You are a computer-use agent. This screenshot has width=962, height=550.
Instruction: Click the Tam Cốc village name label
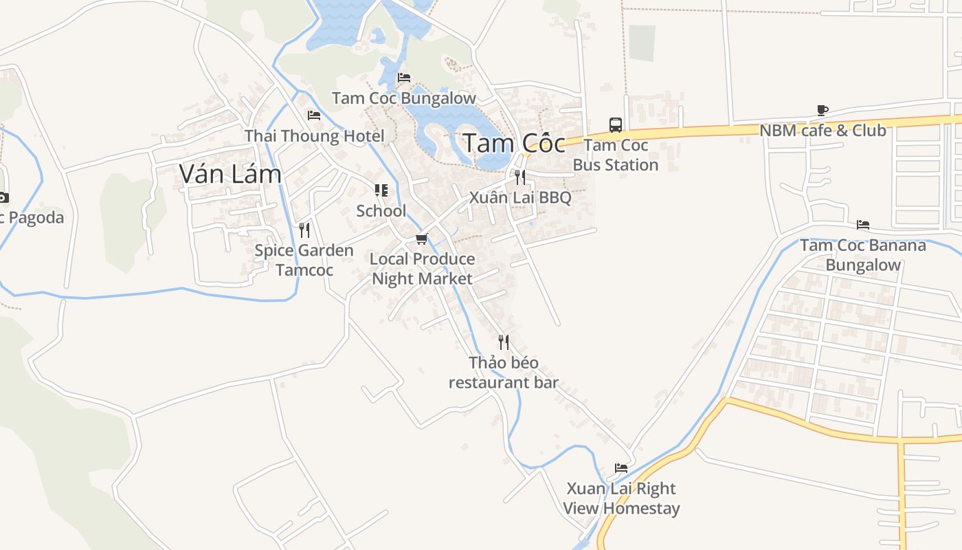pyautogui.click(x=514, y=144)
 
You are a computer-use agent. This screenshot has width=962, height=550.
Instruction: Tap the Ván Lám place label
pyautogui.click(x=230, y=174)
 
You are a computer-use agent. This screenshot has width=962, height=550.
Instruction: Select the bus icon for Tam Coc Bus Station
pyautogui.click(x=616, y=125)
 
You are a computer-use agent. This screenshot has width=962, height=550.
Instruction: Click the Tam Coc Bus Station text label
pyautogui.click(x=616, y=155)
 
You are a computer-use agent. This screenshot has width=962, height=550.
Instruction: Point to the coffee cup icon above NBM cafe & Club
pyautogui.click(x=823, y=110)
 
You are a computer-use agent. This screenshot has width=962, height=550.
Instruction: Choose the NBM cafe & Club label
pyautogui.click(x=823, y=130)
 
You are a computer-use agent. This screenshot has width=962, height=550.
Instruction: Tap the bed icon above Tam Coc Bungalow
pyautogui.click(x=404, y=78)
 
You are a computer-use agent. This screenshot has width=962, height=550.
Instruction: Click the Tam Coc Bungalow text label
pyautogui.click(x=404, y=98)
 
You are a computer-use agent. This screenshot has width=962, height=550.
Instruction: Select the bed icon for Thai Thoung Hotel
pyautogui.click(x=314, y=115)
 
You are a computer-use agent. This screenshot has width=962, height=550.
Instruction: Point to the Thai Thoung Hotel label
pyautogui.click(x=314, y=135)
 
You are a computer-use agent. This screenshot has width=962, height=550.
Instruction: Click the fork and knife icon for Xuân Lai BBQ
pyautogui.click(x=520, y=177)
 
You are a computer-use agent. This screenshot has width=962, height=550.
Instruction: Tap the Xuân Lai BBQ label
pyautogui.click(x=520, y=198)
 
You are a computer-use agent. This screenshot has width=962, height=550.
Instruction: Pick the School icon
pyautogui.click(x=381, y=190)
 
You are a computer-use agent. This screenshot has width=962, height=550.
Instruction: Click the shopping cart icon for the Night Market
pyautogui.click(x=422, y=239)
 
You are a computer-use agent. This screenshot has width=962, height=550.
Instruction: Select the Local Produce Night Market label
pyautogui.click(x=423, y=269)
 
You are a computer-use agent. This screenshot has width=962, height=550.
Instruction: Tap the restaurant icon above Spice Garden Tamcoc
pyautogui.click(x=304, y=230)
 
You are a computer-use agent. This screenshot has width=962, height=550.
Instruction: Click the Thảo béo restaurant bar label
pyautogui.click(x=504, y=373)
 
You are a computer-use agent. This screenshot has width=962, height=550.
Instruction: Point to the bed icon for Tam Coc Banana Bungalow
pyautogui.click(x=863, y=225)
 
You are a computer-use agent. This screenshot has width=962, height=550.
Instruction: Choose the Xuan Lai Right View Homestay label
pyautogui.click(x=621, y=498)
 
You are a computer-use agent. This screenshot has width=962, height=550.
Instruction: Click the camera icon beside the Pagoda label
pyautogui.click(x=3, y=198)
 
